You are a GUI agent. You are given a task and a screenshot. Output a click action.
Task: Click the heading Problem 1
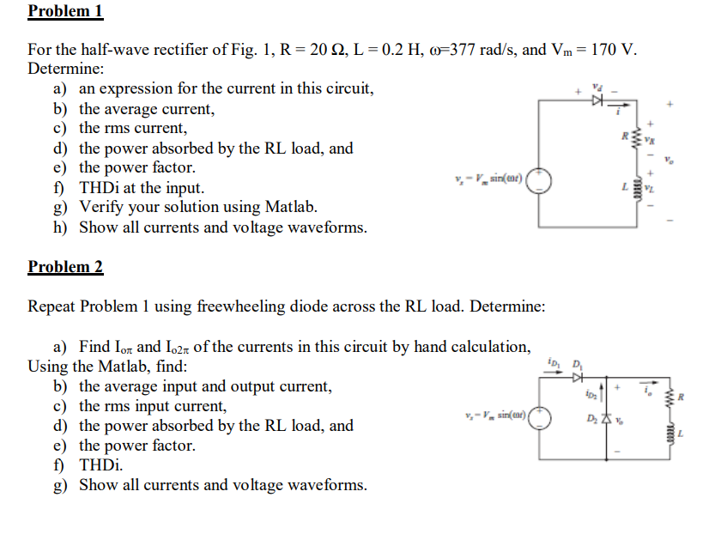tap(65, 11)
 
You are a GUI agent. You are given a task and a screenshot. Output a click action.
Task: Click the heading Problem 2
tap(65, 266)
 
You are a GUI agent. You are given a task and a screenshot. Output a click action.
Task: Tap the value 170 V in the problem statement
tap(614, 48)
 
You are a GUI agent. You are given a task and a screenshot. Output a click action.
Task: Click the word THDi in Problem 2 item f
tap(101, 465)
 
